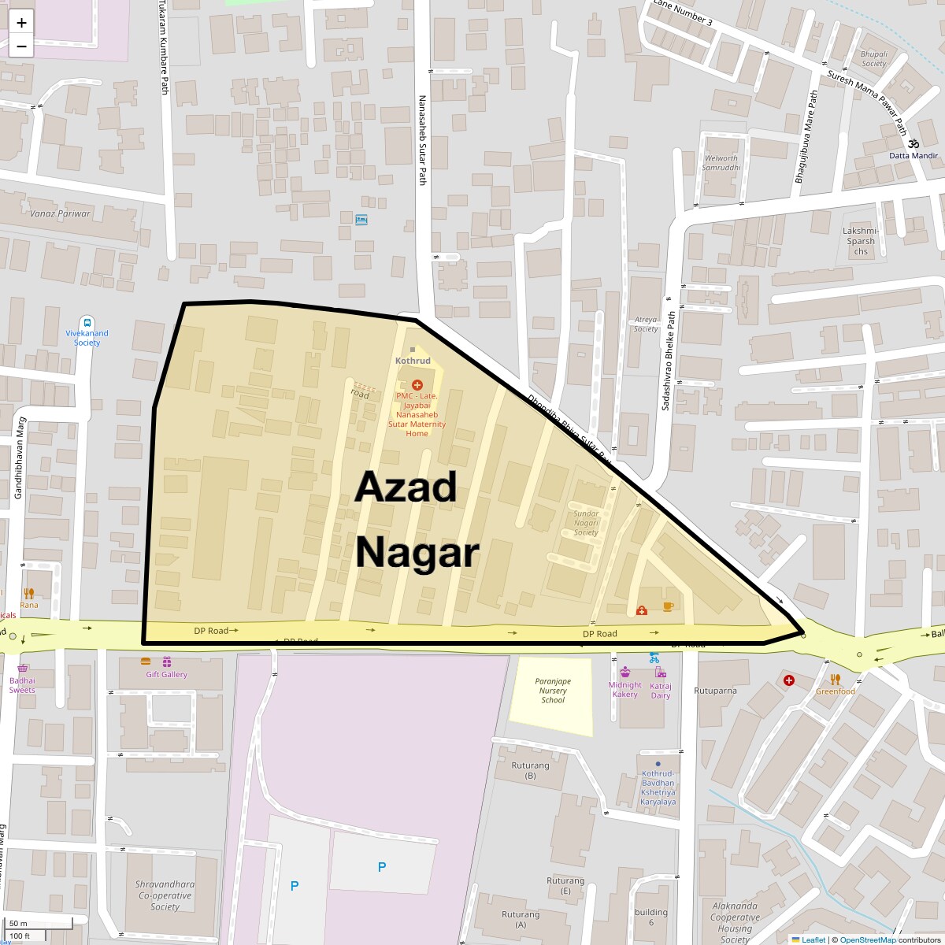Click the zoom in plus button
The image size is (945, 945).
[21, 23]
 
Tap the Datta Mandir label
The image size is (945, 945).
[913, 155]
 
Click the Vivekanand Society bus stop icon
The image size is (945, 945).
[87, 322]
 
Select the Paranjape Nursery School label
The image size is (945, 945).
[553, 690]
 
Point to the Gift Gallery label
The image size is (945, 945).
[167, 674]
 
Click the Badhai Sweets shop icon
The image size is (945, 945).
[22, 668]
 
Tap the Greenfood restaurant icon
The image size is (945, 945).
[836, 679]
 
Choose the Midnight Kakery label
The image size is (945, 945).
[625, 690]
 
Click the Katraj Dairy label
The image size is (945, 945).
[661, 691]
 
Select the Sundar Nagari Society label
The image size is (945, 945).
[586, 523]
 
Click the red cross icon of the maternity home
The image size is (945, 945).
[417, 384]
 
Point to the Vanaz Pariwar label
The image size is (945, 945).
[60, 213]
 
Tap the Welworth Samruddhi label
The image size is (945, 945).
[721, 163]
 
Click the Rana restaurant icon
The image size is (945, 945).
[29, 593]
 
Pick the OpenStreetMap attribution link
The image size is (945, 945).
[867, 939]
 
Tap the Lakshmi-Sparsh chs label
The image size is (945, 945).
[861, 241]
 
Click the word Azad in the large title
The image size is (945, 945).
[406, 487]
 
